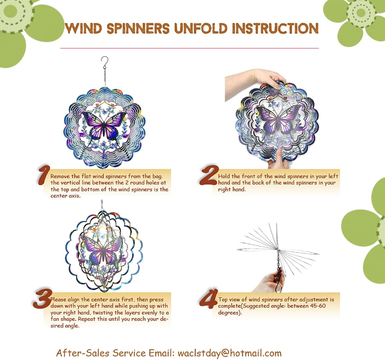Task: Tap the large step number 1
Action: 44,175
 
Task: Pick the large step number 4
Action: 209,298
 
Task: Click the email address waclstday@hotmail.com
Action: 229,353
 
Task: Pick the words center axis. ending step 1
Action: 65,196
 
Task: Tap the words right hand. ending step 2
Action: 232,189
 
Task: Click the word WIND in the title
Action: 83,28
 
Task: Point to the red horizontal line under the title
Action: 189,48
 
